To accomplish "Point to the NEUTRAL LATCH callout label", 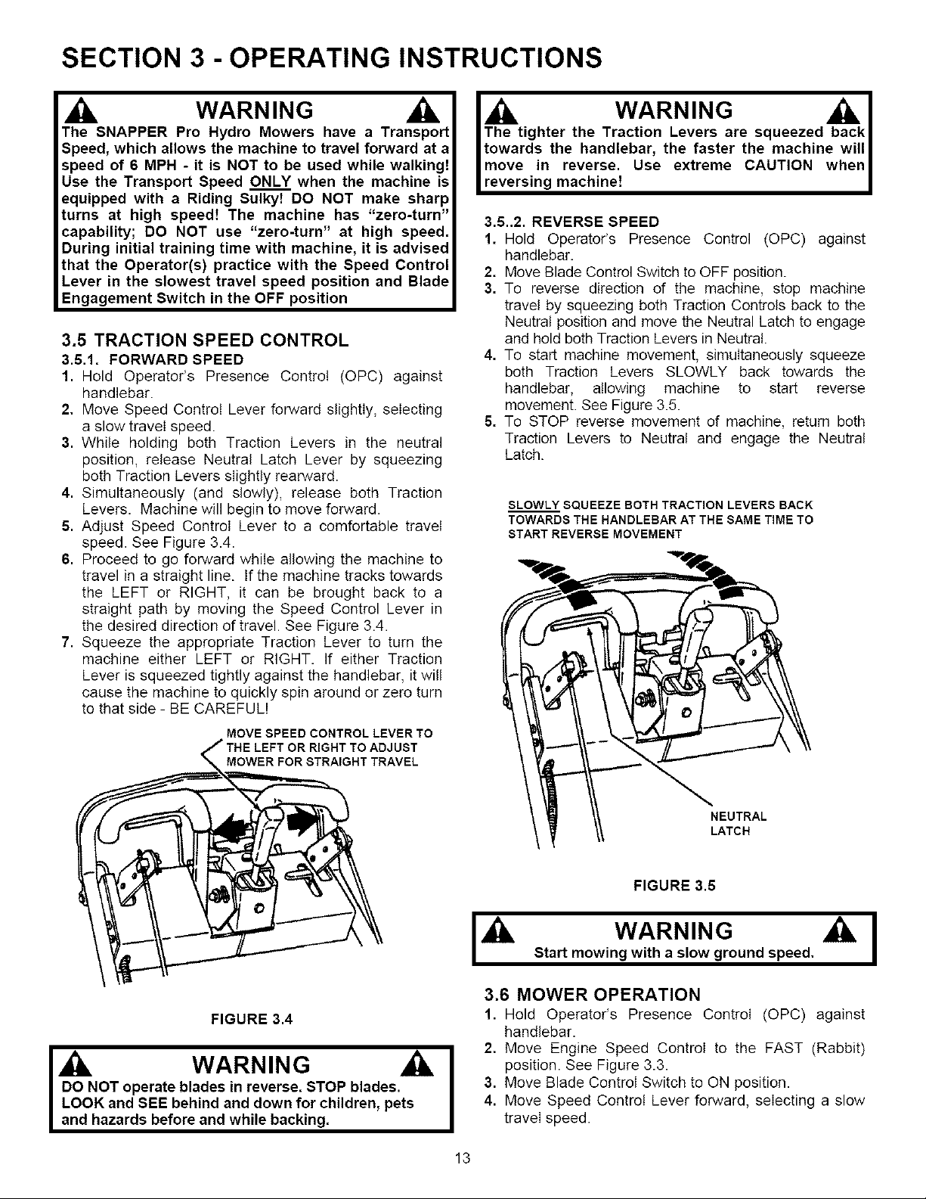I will tap(739, 824).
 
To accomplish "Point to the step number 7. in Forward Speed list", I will tap(66, 642).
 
